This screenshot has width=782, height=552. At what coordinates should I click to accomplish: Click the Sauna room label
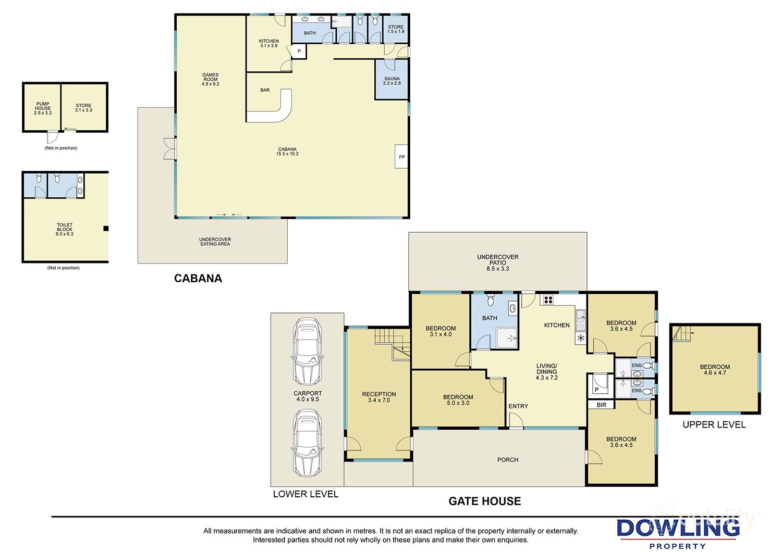(392, 81)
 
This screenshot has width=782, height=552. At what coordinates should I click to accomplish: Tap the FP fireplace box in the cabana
(401, 157)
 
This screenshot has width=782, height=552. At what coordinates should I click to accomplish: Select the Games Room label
(211, 79)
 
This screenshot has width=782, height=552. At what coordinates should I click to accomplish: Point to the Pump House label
(43, 108)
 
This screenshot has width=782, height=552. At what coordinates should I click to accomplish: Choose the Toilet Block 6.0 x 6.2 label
(65, 230)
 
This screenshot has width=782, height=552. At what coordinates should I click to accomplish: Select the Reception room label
(379, 397)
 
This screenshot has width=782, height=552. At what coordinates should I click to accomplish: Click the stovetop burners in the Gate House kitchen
(548, 299)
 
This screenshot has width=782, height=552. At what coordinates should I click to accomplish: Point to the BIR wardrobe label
(602, 405)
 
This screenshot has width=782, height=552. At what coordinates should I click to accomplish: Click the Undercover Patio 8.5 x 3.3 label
(498, 262)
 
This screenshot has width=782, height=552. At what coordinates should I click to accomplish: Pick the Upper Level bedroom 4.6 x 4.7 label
(715, 370)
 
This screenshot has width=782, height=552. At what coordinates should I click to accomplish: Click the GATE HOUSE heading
(485, 501)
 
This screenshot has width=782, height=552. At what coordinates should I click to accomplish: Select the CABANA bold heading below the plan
(198, 278)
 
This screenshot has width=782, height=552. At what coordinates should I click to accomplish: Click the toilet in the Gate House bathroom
(490, 300)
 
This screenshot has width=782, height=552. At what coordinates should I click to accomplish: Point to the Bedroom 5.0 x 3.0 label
(458, 400)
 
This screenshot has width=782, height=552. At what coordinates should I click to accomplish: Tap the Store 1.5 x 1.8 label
(396, 29)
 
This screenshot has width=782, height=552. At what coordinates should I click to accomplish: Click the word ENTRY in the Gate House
(518, 406)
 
